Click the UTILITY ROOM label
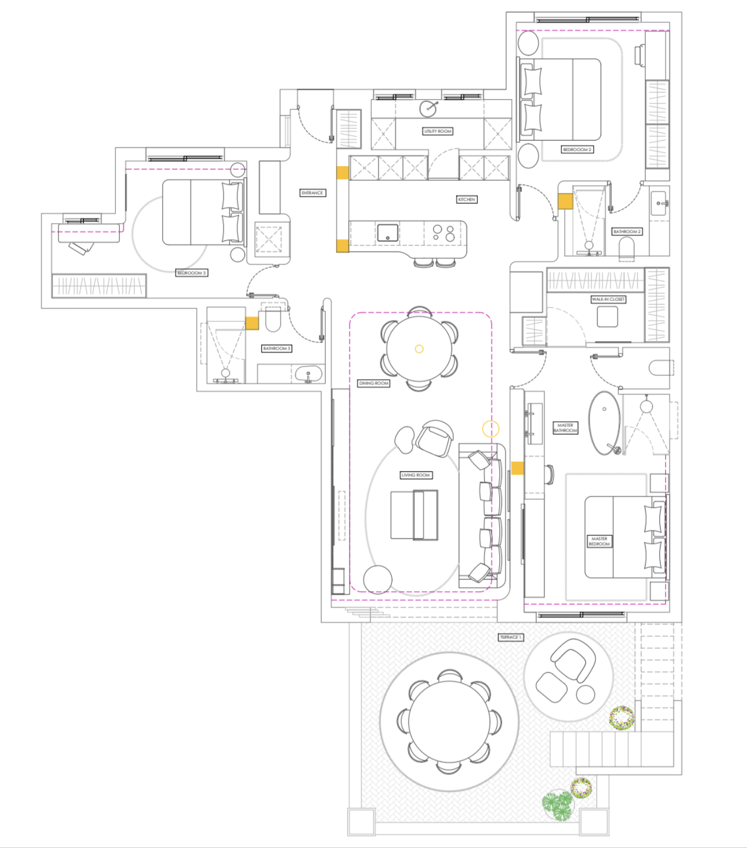[x=438, y=131]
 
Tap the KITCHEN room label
[x=467, y=199]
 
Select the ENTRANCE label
[x=312, y=193]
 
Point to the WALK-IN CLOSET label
[x=608, y=299]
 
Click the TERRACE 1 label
[x=511, y=637]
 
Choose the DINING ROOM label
[x=373, y=383]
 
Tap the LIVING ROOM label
[x=416, y=475]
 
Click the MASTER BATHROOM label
[x=565, y=428]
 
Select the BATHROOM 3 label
[x=277, y=348]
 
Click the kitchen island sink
[x=388, y=233]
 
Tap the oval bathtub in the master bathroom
[x=604, y=423]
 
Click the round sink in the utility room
[x=428, y=109]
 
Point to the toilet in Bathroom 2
[x=626, y=248]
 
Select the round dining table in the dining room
[x=419, y=349]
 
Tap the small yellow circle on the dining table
[x=419, y=349]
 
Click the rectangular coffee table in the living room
[x=414, y=515]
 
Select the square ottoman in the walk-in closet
[x=607, y=316]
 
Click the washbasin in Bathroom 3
[x=309, y=373]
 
